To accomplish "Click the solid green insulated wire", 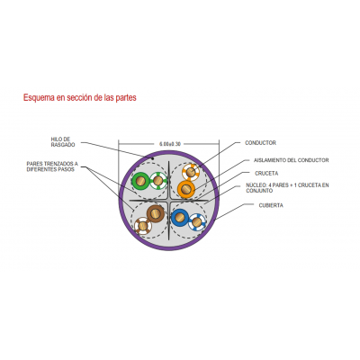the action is pyautogui.click(x=140, y=181).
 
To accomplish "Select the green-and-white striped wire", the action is pyautogui.click(x=158, y=181).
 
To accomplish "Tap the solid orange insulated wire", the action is pyautogui.click(x=186, y=189).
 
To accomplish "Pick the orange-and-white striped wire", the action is pyautogui.click(x=191, y=172).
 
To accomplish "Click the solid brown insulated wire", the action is pyautogui.click(x=156, y=213).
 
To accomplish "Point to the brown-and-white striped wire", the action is pyautogui.click(x=143, y=226).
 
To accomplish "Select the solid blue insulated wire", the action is pyautogui.click(x=180, y=218).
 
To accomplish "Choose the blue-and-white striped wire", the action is pyautogui.click(x=197, y=222).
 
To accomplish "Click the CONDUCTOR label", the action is pyautogui.click(x=260, y=143).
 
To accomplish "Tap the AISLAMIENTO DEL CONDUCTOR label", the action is pyautogui.click(x=292, y=160).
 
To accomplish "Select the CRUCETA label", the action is pyautogui.click(x=266, y=174).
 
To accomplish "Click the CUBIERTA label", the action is pyautogui.click(x=271, y=205).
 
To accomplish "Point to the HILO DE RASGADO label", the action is pyautogui.click(x=63, y=142).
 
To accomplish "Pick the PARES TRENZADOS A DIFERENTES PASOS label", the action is pyautogui.click(x=52, y=166).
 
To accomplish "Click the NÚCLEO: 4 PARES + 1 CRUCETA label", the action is pyautogui.click(x=287, y=188).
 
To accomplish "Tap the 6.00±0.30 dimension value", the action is pyautogui.click(x=170, y=144).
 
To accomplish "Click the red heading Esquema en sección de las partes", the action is pyautogui.click(x=80, y=97).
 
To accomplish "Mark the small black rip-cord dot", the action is pyautogui.click(x=153, y=157).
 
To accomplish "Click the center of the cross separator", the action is pyautogui.click(x=169, y=200).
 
